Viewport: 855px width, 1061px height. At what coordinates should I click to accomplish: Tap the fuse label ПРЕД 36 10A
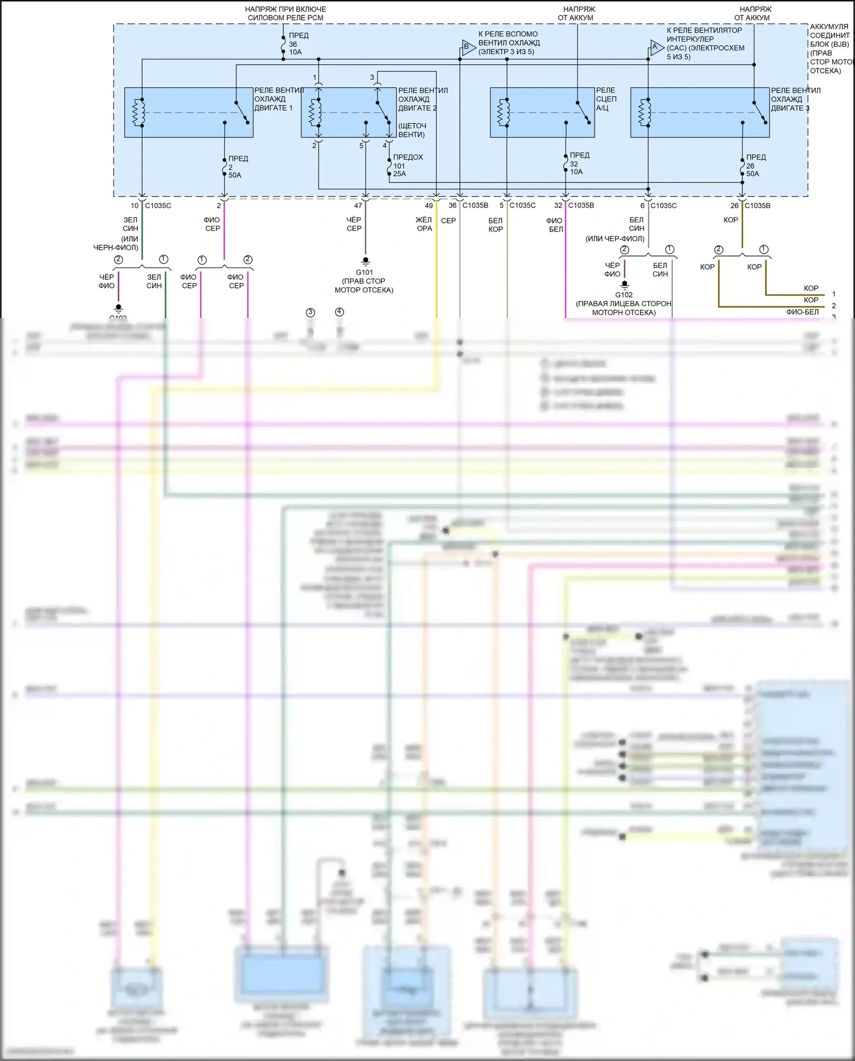tap(296, 44)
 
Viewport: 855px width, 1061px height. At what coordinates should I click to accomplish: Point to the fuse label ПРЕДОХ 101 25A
tap(407, 165)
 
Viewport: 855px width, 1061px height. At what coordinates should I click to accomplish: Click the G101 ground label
tap(364, 272)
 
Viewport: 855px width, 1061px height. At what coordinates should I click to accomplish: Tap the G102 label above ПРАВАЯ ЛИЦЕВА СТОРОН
tap(624, 295)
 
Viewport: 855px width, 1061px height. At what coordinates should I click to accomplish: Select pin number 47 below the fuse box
tap(358, 206)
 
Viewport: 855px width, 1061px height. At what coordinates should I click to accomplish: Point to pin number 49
tap(429, 206)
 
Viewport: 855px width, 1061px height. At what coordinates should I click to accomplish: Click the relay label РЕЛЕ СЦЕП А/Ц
tap(606, 99)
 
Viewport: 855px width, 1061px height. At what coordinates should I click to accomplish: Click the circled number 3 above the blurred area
tap(310, 312)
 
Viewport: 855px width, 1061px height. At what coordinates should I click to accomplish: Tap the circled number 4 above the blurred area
tap(340, 312)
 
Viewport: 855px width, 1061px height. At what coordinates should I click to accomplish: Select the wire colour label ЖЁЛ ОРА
tap(424, 224)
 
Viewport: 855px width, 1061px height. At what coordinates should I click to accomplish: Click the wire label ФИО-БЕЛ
tap(802, 312)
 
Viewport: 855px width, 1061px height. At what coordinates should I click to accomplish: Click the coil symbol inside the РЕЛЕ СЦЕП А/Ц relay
tap(504, 112)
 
